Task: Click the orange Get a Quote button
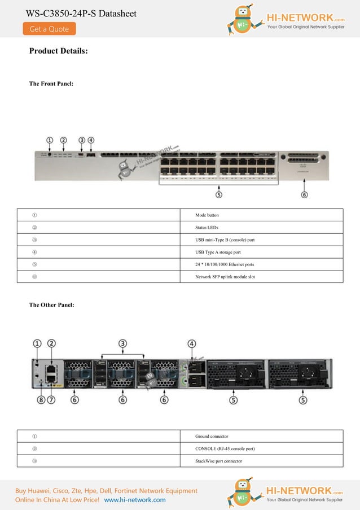click(49, 29)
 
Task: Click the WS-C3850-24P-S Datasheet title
click(81, 14)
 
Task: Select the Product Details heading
click(58, 51)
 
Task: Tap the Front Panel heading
click(51, 84)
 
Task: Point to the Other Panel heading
click(51, 305)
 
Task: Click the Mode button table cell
click(207, 215)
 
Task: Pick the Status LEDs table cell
click(207, 228)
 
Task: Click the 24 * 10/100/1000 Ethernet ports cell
click(225, 264)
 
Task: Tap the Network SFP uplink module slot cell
click(225, 277)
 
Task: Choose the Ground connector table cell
click(212, 436)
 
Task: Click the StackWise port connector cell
click(218, 461)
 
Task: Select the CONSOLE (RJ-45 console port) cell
click(225, 448)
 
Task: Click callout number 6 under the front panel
click(304, 194)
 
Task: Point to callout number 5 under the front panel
click(218, 194)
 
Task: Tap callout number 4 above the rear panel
click(192, 343)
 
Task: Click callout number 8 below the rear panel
click(41, 400)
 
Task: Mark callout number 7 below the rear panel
click(51, 400)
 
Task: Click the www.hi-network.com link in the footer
click(135, 500)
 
